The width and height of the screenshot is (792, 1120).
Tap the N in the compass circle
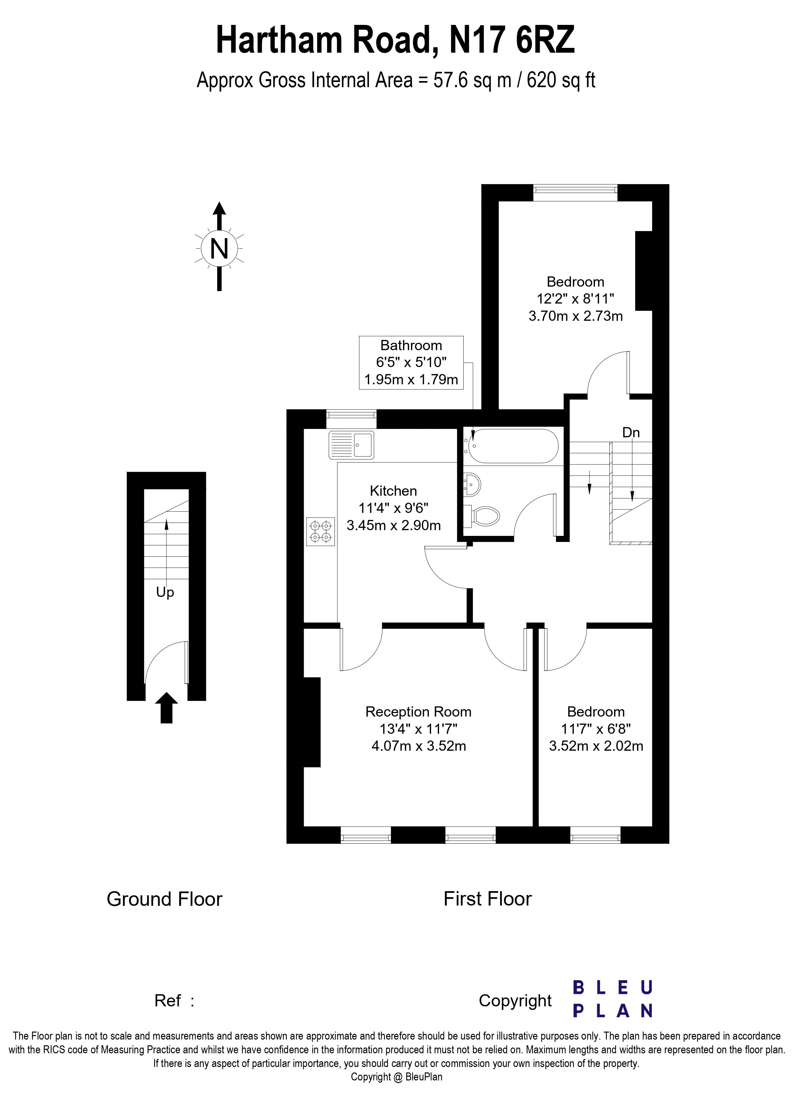point(219,249)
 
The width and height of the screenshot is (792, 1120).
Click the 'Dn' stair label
point(630,432)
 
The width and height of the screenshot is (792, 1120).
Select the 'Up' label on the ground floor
point(165,592)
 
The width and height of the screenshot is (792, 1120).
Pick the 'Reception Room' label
point(418,712)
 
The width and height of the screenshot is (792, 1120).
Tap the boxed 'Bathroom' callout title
point(411,345)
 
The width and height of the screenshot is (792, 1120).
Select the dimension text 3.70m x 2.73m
point(575,316)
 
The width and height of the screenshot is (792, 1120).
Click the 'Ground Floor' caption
point(164,899)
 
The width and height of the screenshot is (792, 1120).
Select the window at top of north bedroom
point(575,192)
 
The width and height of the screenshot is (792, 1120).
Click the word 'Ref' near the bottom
point(167,1001)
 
